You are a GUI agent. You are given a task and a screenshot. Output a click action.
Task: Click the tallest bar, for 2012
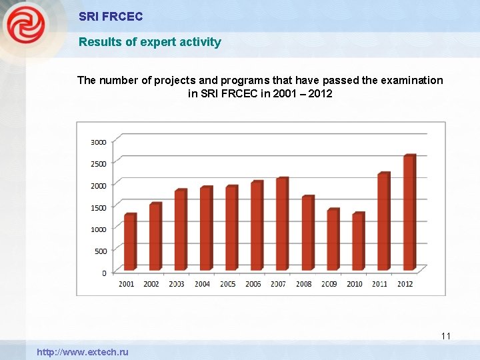coord(409,213)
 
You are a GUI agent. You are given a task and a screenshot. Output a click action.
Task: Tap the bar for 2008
coord(307,233)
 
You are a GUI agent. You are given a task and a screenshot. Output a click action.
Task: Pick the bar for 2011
coord(383,221)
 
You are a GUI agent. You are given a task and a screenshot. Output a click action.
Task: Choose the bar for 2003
coord(180,230)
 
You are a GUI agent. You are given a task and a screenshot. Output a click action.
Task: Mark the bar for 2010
coord(357,241)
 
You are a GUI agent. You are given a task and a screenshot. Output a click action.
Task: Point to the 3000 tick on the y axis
coord(99,142)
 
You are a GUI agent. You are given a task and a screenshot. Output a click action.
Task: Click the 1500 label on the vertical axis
coord(99,207)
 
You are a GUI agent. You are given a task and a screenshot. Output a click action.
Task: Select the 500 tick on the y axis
coord(100,251)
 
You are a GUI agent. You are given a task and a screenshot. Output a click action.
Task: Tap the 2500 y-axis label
coord(99,164)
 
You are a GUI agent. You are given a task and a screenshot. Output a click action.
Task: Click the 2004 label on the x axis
coord(202,284)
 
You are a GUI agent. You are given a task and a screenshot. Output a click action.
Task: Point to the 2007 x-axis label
coord(279,284)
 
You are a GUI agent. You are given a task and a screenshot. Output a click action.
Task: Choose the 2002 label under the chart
coord(151,284)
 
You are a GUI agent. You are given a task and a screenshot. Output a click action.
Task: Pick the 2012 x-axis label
coord(405,284)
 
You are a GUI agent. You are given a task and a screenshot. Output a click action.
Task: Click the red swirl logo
coord(27,27)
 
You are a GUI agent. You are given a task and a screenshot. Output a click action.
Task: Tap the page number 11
coord(446,336)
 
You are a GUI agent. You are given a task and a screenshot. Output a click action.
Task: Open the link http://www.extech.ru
coord(83,352)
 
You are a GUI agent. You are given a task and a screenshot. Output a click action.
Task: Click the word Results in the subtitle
coord(98,42)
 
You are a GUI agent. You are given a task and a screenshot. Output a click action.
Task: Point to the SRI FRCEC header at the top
coord(111,16)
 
